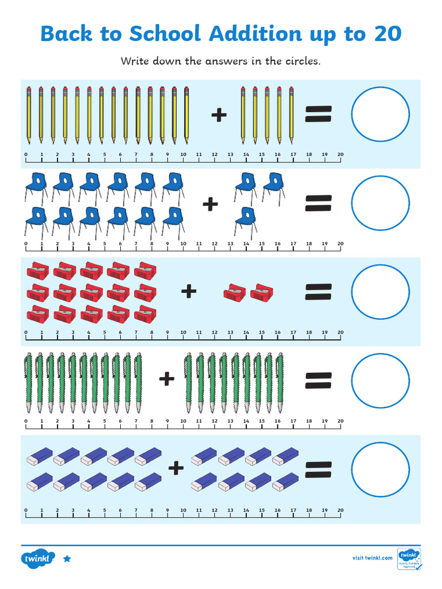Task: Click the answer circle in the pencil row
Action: click(x=380, y=115)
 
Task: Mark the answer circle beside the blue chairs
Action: click(x=380, y=204)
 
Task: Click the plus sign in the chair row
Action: click(x=211, y=204)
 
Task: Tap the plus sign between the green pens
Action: click(x=166, y=378)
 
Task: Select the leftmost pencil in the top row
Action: click(x=28, y=115)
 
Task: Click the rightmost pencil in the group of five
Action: click(x=291, y=115)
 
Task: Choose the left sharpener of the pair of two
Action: click(x=234, y=293)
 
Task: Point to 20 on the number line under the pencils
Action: click(x=340, y=155)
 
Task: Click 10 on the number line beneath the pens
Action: click(x=183, y=421)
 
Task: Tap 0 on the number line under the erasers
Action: click(x=26, y=510)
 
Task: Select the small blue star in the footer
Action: click(x=67, y=559)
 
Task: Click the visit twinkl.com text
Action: click(x=372, y=557)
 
